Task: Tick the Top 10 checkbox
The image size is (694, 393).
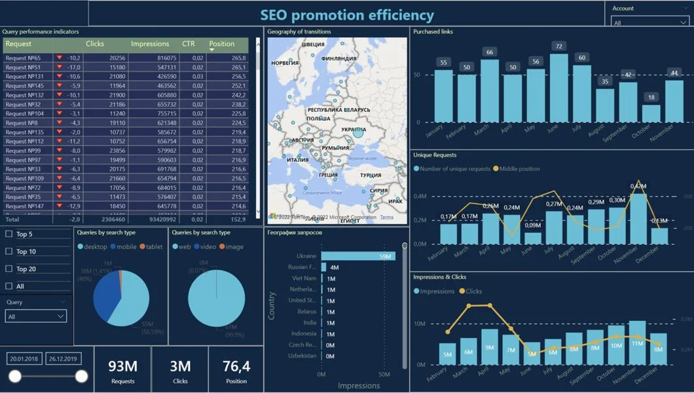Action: (x=9, y=252)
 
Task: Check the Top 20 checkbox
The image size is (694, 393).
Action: (x=9, y=269)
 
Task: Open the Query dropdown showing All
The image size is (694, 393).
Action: (x=36, y=316)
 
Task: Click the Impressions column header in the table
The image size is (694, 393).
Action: (x=150, y=44)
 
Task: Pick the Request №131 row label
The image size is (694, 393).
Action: (x=25, y=77)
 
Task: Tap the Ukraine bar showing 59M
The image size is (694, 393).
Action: (x=357, y=256)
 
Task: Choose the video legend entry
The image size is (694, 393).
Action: (x=205, y=247)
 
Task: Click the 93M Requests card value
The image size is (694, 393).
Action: (x=122, y=365)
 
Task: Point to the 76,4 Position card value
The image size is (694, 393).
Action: (x=236, y=365)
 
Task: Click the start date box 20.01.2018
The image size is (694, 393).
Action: (x=24, y=359)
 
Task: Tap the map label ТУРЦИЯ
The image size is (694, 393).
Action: (x=370, y=176)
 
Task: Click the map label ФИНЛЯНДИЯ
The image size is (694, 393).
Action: (x=338, y=58)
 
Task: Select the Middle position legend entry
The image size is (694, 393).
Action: (x=519, y=169)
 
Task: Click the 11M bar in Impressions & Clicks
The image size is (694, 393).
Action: (x=637, y=343)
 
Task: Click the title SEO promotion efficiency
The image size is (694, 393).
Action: (x=346, y=14)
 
